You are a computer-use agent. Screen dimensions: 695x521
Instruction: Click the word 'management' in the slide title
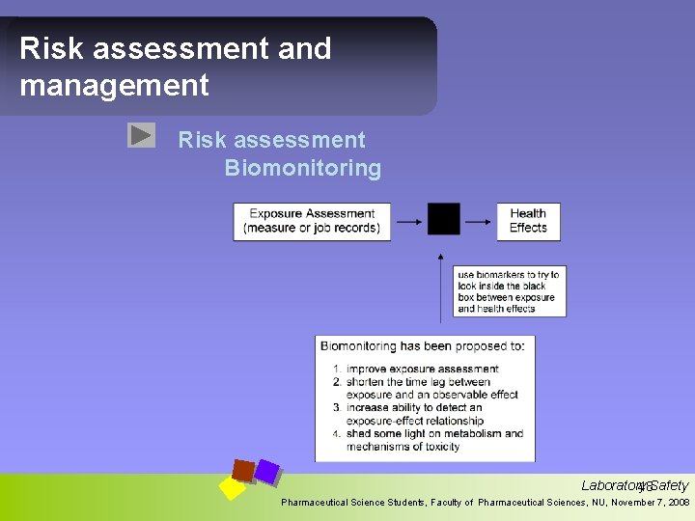coord(114,85)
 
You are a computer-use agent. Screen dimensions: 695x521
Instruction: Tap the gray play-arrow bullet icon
coord(141,135)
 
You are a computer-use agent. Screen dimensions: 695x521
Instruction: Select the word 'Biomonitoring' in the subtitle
coord(303,169)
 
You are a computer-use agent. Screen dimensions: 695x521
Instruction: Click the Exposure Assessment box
coord(312,221)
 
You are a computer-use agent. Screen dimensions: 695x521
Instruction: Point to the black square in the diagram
coord(444,219)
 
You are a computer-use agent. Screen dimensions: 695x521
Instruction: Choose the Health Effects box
coord(528,221)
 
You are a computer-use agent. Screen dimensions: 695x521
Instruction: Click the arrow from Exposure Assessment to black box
coord(409,221)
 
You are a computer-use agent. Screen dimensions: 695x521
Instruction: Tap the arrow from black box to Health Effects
coord(478,221)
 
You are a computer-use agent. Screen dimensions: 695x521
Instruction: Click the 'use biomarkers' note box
coord(509,292)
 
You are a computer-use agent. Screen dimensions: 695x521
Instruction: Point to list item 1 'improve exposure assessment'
coord(422,369)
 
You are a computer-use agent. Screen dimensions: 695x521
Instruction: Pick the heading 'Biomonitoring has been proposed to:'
coord(422,345)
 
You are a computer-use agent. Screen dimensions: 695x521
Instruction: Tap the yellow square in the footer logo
coord(232,487)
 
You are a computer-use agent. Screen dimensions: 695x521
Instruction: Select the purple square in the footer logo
coord(266,472)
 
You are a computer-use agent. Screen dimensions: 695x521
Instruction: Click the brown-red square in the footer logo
coord(243,470)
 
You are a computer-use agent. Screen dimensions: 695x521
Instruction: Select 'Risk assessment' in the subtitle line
coord(271,141)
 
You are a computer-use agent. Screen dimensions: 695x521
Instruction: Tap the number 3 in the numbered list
coord(336,408)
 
